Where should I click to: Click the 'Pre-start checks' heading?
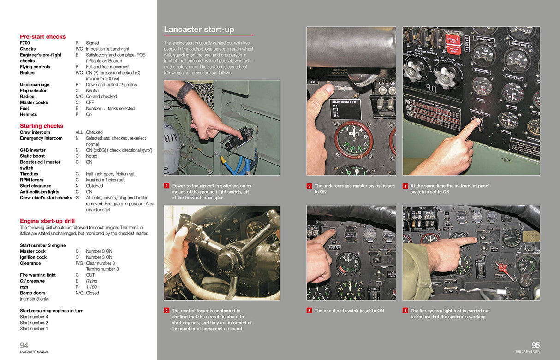[x=42, y=36]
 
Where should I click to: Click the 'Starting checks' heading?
[x=41, y=126]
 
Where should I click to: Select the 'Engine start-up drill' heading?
[x=47, y=221]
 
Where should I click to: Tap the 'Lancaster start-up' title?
[x=199, y=30]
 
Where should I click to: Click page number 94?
[x=24, y=345]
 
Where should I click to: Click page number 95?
[x=535, y=345]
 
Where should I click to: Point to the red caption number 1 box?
[x=167, y=186]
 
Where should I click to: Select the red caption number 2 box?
[x=167, y=311]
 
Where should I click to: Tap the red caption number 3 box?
[x=309, y=186]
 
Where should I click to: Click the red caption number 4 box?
[x=405, y=186]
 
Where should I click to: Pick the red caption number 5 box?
[x=309, y=311]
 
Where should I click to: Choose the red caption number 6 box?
[x=405, y=311]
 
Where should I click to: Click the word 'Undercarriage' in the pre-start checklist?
[x=35, y=85]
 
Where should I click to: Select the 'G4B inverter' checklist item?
[x=32, y=150]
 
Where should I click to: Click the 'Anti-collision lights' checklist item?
[x=39, y=192]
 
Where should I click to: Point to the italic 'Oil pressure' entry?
[x=32, y=281]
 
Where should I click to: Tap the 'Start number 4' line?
[x=34, y=317]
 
